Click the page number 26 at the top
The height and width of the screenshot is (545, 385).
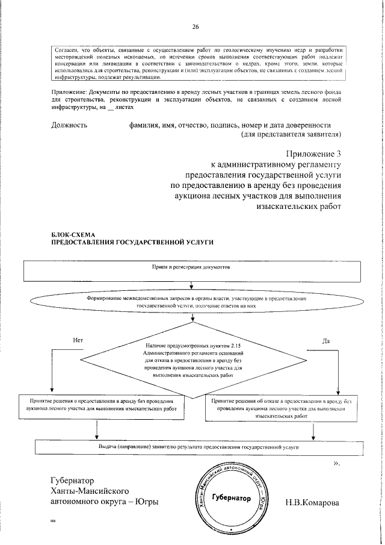tap(195, 27)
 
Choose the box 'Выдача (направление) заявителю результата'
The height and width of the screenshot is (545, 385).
tap(199, 447)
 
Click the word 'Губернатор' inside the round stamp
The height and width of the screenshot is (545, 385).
tap(231, 499)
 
